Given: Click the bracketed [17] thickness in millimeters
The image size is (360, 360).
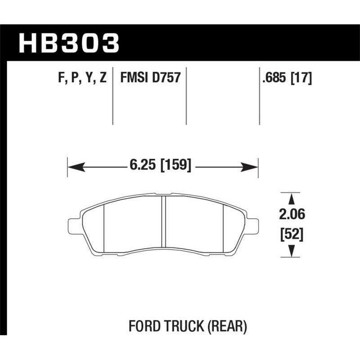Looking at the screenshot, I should [x=301, y=78].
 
